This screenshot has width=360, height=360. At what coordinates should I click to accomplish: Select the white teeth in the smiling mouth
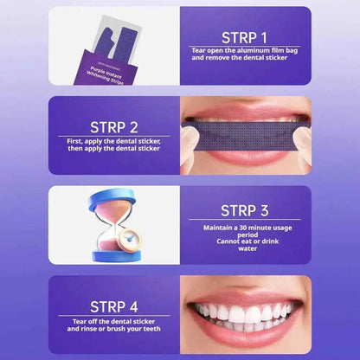(x=241, y=312)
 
